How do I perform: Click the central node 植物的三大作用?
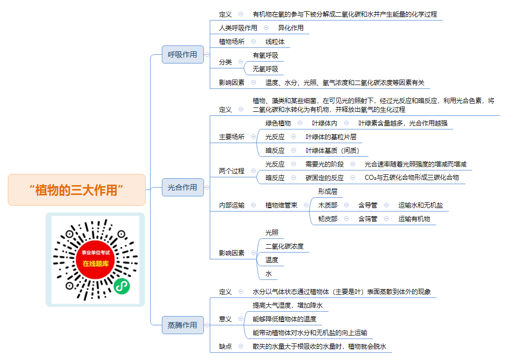click(77, 190)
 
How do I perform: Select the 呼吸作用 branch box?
click(183, 54)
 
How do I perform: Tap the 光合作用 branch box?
click(183, 187)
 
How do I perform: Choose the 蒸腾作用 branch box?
click(183, 325)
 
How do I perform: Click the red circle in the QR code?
click(95, 260)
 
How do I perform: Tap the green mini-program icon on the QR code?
click(122, 286)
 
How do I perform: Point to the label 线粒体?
click(275, 42)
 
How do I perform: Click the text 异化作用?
click(290, 28)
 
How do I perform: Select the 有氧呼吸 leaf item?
click(265, 55)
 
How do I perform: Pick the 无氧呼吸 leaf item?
click(265, 69)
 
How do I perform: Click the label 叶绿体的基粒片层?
click(331, 137)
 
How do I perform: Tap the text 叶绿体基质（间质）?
click(332, 150)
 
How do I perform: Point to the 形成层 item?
click(328, 191)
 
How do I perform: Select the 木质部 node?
click(328, 205)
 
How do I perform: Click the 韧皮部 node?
click(328, 219)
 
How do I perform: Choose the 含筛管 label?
click(368, 219)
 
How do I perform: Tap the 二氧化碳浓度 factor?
click(285, 246)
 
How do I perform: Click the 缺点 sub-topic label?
click(225, 346)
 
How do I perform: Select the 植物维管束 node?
click(281, 205)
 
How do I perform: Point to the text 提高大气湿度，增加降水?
click(287, 305)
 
